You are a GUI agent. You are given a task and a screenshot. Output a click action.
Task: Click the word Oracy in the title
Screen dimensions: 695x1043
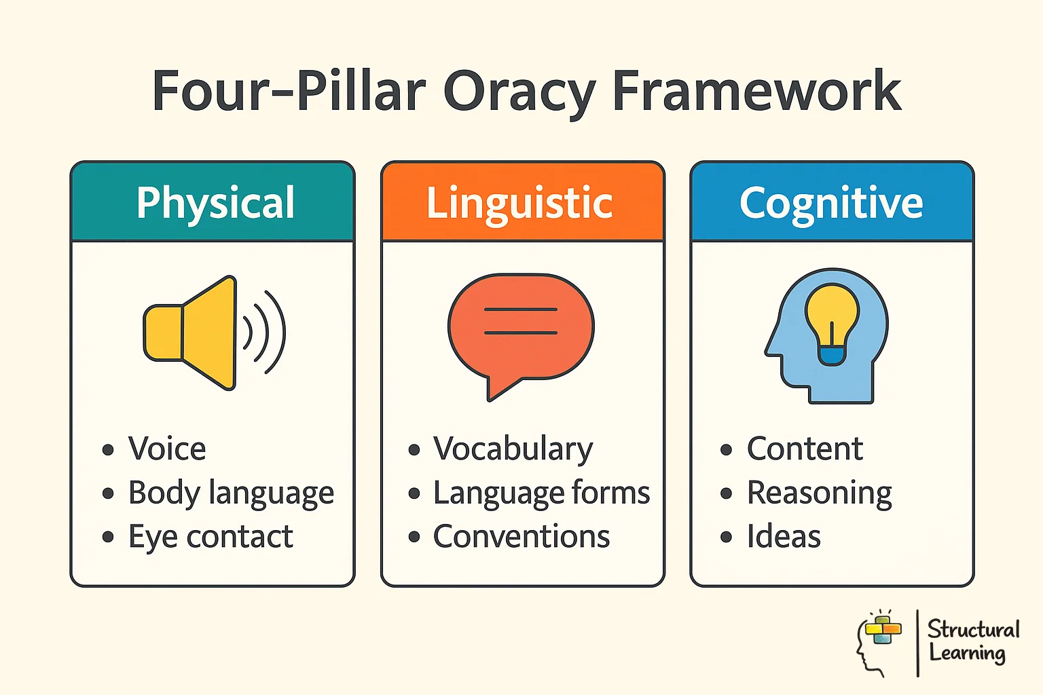click(519, 92)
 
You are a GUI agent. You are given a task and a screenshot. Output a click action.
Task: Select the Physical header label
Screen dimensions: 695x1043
click(215, 202)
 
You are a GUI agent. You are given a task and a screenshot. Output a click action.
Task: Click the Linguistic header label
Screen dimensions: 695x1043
click(519, 202)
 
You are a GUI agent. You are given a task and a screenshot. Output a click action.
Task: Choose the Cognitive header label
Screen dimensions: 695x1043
click(831, 202)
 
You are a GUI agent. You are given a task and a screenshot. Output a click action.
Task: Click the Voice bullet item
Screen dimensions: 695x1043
click(167, 449)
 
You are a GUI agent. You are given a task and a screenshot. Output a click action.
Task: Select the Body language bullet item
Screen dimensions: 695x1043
click(231, 493)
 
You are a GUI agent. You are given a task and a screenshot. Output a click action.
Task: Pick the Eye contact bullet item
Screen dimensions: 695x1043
click(211, 537)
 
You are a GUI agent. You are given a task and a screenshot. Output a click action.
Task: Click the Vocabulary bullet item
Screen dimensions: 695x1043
click(513, 449)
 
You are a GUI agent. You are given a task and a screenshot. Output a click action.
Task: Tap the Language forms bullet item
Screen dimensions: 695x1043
click(541, 493)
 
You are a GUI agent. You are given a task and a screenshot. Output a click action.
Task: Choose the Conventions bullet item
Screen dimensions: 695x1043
click(521, 537)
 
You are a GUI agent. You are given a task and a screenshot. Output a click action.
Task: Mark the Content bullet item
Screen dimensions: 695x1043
click(805, 449)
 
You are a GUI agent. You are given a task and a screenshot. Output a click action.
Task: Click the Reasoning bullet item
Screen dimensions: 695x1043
click(819, 493)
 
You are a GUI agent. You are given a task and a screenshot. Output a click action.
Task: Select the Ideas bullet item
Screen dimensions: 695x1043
click(784, 537)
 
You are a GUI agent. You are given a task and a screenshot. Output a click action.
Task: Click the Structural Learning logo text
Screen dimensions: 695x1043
click(972, 641)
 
